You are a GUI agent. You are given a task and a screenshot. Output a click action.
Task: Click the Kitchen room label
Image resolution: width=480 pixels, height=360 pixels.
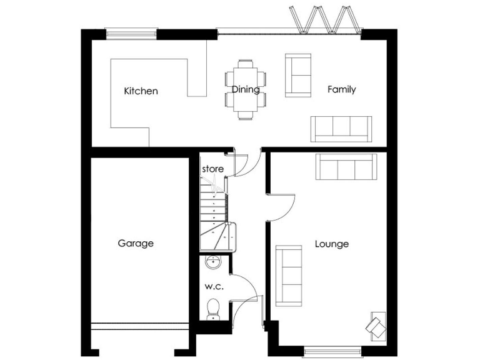click(141, 91)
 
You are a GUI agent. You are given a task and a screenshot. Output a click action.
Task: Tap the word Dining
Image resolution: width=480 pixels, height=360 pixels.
click(246, 89)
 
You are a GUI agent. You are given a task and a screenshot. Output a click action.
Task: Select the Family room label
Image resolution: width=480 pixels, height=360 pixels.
click(342, 89)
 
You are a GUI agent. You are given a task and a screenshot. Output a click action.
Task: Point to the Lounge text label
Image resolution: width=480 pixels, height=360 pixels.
click(331, 244)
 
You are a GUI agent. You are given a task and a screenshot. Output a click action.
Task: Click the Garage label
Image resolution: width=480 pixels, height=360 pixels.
click(136, 243)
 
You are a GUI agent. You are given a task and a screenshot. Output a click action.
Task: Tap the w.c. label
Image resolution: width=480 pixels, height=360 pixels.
click(214, 287)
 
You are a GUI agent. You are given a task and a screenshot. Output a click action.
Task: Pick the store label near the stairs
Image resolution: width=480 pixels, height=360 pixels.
click(212, 169)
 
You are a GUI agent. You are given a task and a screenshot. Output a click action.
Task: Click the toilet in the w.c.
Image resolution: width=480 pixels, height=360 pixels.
click(213, 308)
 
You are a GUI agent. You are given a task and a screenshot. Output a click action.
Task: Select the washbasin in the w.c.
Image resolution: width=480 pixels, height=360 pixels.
click(213, 262)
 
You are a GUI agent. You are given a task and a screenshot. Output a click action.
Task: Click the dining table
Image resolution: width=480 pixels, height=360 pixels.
click(245, 89)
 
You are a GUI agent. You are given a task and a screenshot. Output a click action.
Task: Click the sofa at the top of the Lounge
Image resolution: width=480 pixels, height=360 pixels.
click(345, 166)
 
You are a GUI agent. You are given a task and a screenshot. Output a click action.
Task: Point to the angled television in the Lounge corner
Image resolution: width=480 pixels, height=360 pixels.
click(376, 326)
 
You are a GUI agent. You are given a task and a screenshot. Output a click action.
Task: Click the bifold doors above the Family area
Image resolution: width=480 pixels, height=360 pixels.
click(324, 19)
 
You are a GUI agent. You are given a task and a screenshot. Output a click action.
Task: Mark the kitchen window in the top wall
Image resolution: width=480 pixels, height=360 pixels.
click(130, 33)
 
